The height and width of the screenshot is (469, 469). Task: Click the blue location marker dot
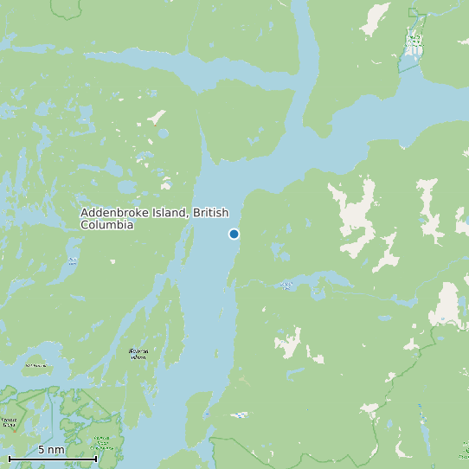[x=234, y=234]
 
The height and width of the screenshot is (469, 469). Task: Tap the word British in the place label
[x=211, y=213]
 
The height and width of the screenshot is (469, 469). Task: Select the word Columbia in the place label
[x=106, y=225]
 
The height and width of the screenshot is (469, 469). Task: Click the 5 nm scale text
[x=51, y=450]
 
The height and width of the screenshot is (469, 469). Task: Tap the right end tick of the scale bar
[x=95, y=458]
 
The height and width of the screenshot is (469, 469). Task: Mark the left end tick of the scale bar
[x=10, y=458]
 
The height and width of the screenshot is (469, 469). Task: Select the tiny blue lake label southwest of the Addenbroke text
[x=73, y=260]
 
